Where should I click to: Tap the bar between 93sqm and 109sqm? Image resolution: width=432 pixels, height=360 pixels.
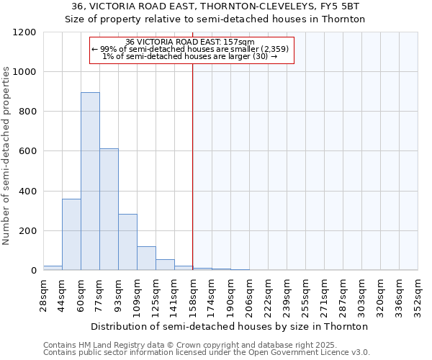127,242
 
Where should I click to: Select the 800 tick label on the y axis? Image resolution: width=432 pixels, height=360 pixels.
28,112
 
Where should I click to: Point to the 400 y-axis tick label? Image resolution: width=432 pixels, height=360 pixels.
28,192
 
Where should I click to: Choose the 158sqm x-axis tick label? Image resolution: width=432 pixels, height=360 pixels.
193,294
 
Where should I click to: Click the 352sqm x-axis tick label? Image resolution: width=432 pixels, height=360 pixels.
418,294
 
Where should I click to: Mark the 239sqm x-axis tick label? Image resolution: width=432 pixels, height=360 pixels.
287,294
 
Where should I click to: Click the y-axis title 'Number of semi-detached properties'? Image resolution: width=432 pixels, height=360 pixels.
7,151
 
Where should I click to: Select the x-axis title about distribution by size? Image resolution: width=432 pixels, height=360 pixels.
230,326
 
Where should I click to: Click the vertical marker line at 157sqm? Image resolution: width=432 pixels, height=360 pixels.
193,166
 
